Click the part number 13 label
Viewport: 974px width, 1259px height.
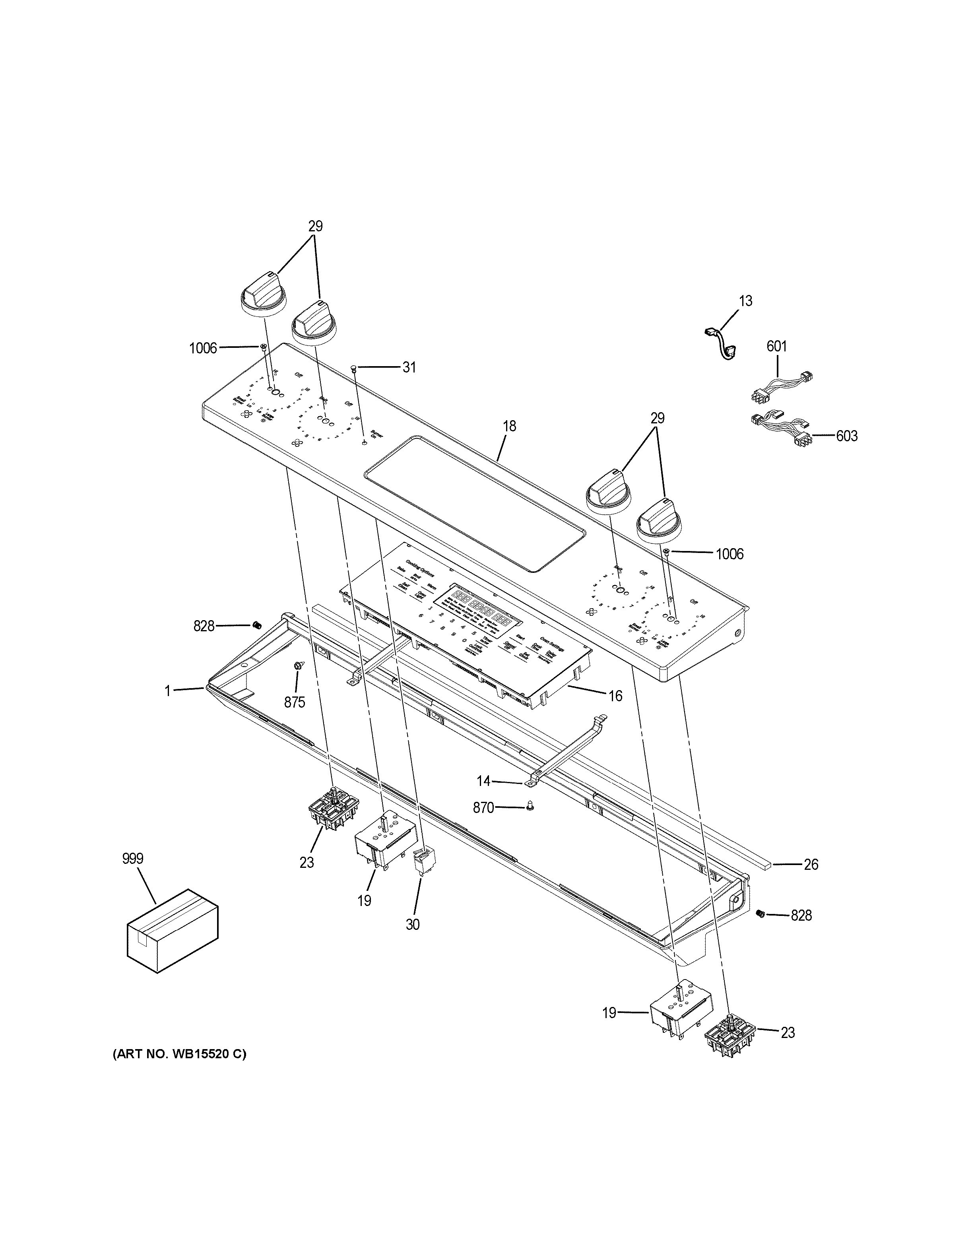(745, 301)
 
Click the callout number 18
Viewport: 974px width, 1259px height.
(509, 427)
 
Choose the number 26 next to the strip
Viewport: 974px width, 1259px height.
(810, 881)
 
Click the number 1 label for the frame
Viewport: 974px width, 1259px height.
(168, 690)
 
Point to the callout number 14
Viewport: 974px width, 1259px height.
(483, 781)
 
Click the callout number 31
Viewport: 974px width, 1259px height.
(409, 367)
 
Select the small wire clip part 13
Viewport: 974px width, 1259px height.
(720, 343)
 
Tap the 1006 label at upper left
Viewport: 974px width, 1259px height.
(203, 348)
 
